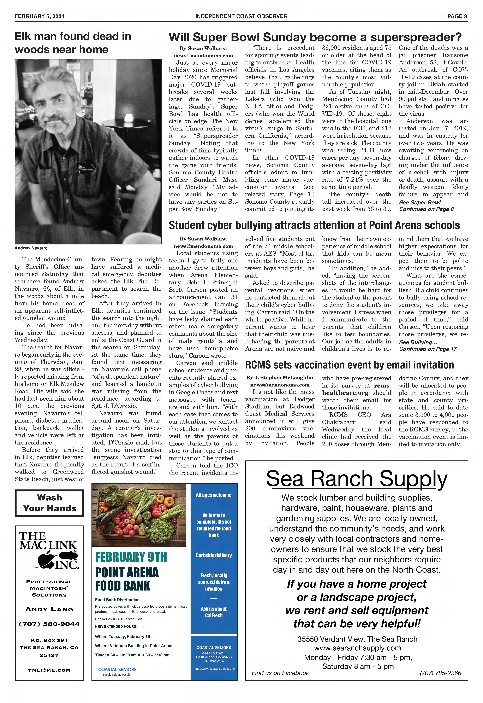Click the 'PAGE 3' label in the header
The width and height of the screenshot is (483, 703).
click(x=457, y=16)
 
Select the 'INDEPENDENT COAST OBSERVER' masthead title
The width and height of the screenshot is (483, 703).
click(x=241, y=16)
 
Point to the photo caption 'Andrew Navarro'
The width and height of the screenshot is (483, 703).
click(x=31, y=248)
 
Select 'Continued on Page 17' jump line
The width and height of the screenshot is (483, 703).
click(x=428, y=349)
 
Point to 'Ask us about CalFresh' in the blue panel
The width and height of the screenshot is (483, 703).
click(x=214, y=612)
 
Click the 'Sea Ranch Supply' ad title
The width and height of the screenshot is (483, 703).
click(x=357, y=479)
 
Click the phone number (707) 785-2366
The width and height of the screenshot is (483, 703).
click(x=440, y=673)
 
